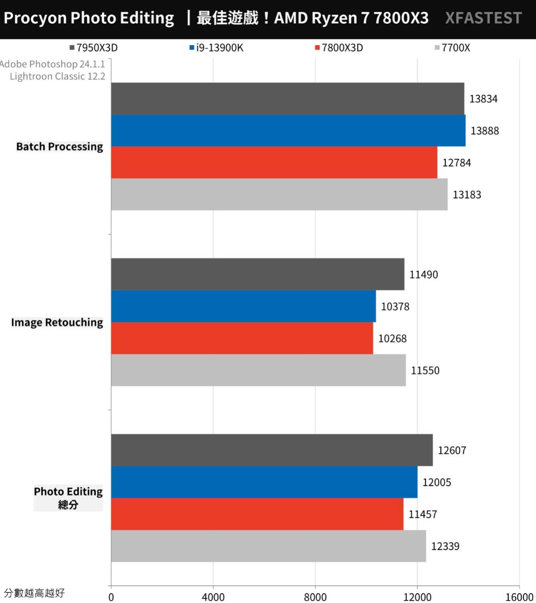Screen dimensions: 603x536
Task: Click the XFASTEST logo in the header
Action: (483, 19)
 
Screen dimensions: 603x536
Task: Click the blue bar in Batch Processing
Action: (288, 131)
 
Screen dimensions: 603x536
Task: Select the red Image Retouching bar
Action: (242, 338)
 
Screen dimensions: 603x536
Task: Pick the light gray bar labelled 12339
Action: (268, 546)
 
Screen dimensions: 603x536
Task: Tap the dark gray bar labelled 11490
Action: (258, 274)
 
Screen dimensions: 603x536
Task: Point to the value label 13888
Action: (484, 131)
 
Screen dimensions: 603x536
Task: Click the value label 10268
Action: (392, 338)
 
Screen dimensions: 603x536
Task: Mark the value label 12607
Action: (452, 450)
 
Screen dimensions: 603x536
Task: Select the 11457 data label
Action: (423, 514)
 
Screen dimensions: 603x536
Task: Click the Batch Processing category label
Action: (59, 147)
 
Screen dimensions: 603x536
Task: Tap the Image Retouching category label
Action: (57, 322)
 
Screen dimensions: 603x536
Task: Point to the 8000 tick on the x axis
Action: (315, 597)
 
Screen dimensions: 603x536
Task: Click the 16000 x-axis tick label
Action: (519, 597)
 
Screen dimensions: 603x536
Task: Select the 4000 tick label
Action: (213, 597)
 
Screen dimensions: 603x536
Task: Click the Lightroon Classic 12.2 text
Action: (57, 76)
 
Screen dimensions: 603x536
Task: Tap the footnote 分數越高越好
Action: (34, 593)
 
